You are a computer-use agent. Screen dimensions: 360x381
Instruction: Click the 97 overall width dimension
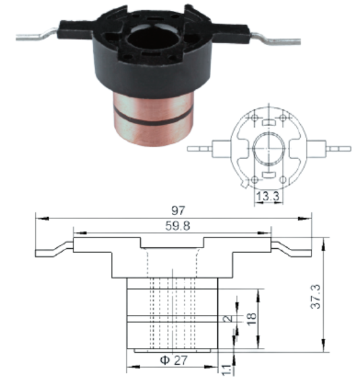[x=178, y=210]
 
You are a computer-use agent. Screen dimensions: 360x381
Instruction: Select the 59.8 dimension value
[x=178, y=226]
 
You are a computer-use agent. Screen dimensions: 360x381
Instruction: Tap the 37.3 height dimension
[x=316, y=297]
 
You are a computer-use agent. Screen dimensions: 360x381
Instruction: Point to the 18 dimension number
[x=252, y=318]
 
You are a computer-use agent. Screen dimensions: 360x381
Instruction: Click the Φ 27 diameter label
[x=174, y=360]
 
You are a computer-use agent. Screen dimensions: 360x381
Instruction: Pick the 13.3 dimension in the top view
[x=268, y=196]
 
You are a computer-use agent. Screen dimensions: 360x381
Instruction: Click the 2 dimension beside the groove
[x=228, y=318]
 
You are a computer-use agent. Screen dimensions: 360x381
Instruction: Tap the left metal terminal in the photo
[x=36, y=35]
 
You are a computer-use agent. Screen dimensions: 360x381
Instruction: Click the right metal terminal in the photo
[x=276, y=39]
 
